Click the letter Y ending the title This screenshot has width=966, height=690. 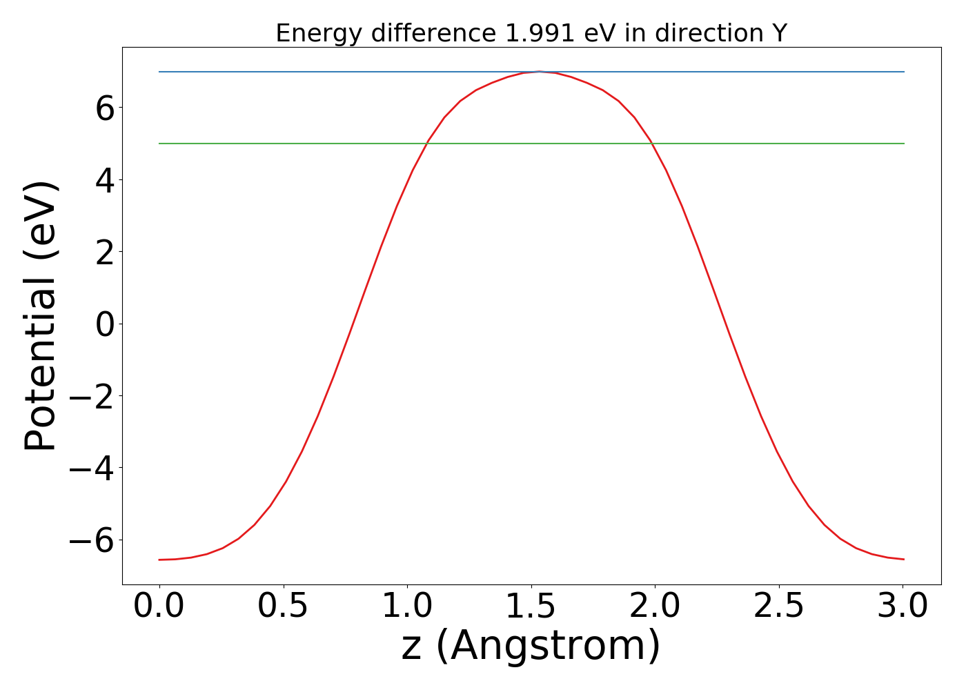point(780,33)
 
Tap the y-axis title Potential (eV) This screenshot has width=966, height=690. point(40,316)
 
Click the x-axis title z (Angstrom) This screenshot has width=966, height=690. point(531,646)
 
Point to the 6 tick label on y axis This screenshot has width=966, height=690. point(105,108)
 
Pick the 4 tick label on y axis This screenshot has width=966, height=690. point(105,179)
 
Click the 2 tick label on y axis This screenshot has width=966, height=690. point(105,252)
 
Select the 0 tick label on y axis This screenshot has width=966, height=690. point(105,324)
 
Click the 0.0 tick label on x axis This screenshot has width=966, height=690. point(159,607)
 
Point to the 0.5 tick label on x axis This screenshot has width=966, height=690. point(284,607)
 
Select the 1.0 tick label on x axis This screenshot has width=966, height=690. point(407,607)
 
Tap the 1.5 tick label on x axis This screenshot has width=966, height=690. point(531,607)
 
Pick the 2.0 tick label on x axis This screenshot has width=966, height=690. point(655,607)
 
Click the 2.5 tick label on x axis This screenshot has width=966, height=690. point(779,607)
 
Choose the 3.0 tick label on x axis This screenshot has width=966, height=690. point(903,607)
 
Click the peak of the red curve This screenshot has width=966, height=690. point(539,72)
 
